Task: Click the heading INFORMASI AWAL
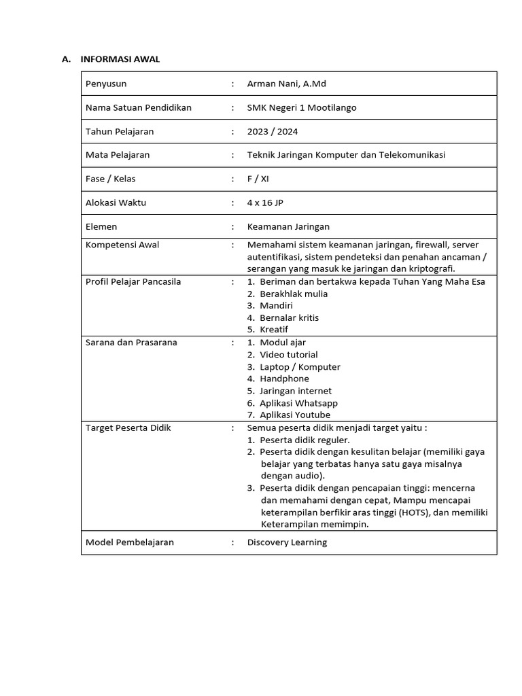pos(120,59)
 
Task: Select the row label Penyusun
pos(106,84)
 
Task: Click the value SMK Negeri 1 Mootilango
pos(302,107)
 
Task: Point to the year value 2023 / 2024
pos(273,131)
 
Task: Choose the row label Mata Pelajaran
pos(118,154)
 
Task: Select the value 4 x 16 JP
pos(265,203)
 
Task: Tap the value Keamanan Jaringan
pos(288,226)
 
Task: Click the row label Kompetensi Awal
pos(122,245)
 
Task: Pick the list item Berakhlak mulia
pos(294,294)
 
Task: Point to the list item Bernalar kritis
pos(289,317)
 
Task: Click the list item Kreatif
pos(274,330)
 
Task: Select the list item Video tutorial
pos(288,354)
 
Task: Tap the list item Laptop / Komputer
pos(300,367)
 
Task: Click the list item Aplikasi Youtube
pos(295,415)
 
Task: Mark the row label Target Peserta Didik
pos(128,428)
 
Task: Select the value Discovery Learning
pos(287,542)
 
